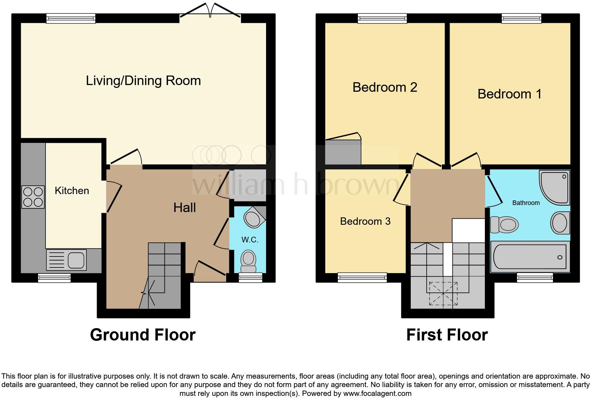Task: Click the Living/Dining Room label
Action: click(x=143, y=81)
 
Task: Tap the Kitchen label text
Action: click(x=72, y=191)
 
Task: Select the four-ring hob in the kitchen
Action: click(x=33, y=197)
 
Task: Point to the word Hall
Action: click(x=185, y=208)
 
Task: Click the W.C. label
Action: click(x=250, y=240)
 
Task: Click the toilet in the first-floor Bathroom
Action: click(x=505, y=224)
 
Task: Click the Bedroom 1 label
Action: click(x=509, y=94)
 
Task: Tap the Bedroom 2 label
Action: click(x=385, y=87)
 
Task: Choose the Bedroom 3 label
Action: click(x=365, y=221)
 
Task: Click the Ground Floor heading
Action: click(x=143, y=334)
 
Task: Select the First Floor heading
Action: click(x=447, y=334)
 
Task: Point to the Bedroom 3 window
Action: click(x=362, y=278)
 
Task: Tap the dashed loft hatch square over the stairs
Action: click(x=443, y=293)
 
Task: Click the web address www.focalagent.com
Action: click(x=377, y=393)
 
